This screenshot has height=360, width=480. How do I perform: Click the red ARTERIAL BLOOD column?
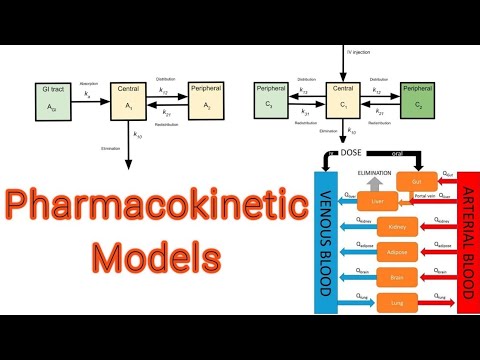coord(467,241)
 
